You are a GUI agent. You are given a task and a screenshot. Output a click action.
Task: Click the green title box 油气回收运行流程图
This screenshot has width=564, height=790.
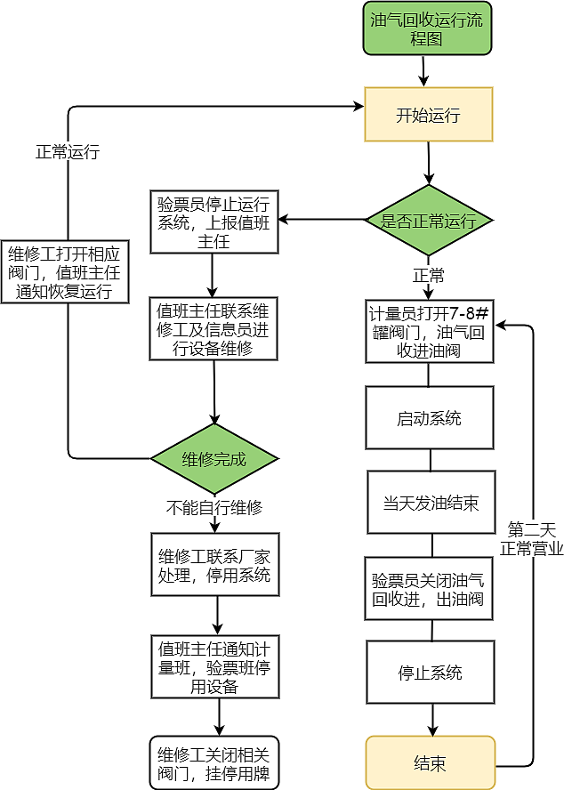pos(427,28)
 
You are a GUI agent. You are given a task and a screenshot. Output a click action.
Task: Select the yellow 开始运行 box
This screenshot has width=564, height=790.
pos(428,115)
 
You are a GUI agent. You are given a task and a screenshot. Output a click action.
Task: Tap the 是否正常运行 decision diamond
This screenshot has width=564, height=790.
pos(429,222)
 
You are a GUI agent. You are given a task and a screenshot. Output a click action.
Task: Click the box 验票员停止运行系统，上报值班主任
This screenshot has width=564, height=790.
pos(214,220)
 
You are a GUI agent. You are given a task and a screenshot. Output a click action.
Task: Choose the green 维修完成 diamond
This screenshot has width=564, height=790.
pos(214,459)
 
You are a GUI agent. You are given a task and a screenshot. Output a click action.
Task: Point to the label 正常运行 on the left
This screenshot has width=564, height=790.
pos(68,152)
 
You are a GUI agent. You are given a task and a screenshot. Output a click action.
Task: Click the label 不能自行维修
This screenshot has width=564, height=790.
pos(214,508)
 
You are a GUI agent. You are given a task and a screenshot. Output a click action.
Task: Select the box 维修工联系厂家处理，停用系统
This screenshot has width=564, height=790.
pos(214,565)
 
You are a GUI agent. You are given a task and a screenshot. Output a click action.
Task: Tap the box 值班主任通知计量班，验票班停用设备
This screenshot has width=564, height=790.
pos(214,665)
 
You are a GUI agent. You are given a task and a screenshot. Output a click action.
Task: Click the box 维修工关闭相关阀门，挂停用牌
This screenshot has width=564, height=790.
pos(214,762)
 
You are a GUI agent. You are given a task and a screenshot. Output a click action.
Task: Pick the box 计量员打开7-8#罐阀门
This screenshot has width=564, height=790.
pos(429,332)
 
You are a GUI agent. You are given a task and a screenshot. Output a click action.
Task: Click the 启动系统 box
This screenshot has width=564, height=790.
pos(429,418)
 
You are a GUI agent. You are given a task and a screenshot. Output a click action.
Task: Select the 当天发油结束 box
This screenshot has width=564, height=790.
pos(431,503)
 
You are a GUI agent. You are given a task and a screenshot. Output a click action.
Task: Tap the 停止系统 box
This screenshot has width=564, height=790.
pos(430,673)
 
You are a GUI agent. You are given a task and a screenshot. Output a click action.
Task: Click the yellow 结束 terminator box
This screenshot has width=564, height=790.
pos(430,763)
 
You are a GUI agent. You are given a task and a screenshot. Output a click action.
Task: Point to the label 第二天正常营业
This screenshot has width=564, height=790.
pos(532,538)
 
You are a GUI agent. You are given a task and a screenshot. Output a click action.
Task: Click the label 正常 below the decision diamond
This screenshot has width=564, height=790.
pos(429,274)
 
